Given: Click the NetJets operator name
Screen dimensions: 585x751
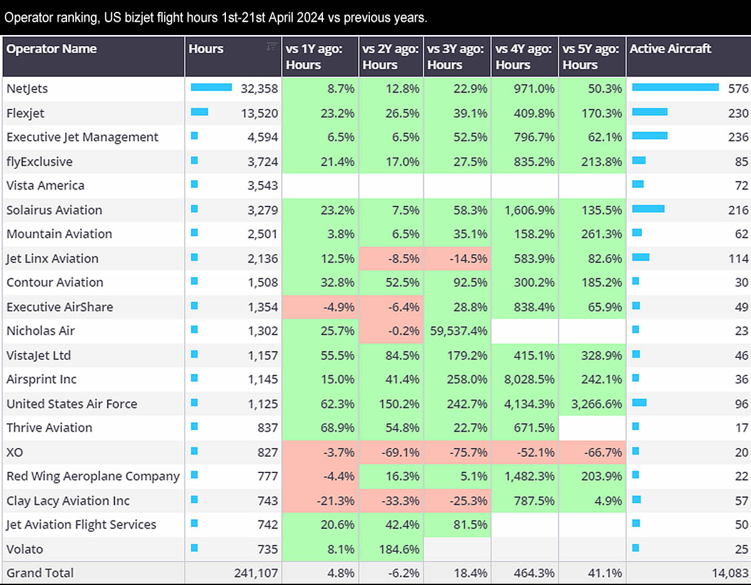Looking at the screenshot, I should [x=28, y=89].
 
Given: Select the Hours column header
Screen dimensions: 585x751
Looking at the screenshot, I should [x=206, y=49].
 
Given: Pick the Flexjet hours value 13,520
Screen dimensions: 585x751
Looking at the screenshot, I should [x=259, y=113].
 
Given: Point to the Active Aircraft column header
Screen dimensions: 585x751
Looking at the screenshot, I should [x=670, y=49].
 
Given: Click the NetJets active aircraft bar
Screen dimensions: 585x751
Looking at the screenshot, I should [x=675, y=88].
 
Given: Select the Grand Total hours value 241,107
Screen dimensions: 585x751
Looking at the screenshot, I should [x=253, y=572].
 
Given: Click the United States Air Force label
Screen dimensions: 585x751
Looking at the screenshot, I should [x=72, y=404].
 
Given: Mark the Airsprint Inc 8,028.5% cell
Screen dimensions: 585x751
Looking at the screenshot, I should [x=526, y=380].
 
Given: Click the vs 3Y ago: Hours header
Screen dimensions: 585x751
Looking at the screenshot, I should [x=455, y=56].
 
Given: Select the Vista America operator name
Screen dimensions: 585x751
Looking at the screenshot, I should [x=46, y=186].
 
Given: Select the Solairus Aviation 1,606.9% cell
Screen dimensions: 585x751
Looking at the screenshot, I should [x=526, y=210].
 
